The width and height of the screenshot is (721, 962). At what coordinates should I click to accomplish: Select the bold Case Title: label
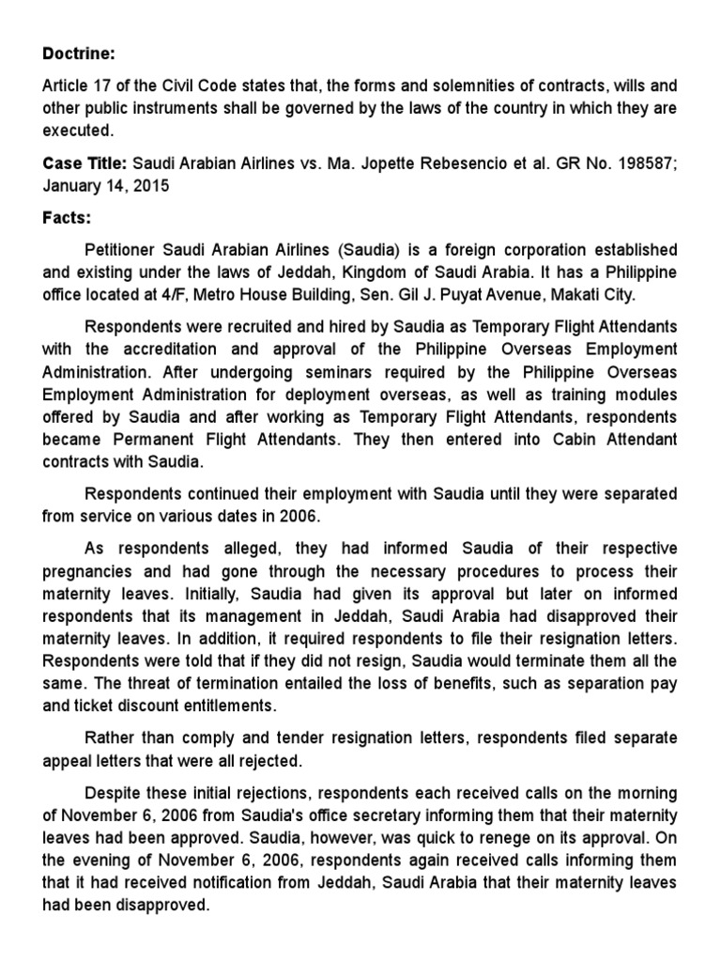click(x=84, y=163)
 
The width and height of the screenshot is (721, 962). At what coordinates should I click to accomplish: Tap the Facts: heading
click(x=67, y=218)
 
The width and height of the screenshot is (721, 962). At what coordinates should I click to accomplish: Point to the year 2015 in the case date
click(x=152, y=185)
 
